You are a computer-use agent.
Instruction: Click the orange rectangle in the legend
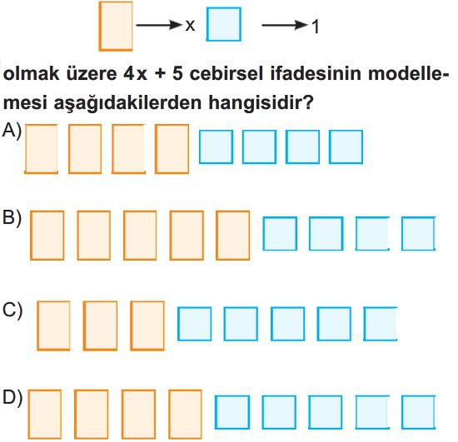click(x=116, y=27)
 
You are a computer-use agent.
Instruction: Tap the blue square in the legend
click(x=224, y=24)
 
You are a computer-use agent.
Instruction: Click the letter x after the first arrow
click(x=190, y=26)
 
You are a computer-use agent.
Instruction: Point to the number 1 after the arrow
click(x=316, y=27)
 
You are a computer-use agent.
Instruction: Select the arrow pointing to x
click(x=160, y=25)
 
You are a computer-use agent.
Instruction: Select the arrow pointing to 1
click(x=285, y=25)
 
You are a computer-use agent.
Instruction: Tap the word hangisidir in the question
click(x=261, y=102)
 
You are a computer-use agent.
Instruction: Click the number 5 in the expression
click(x=177, y=73)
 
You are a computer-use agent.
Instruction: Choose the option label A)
click(x=12, y=130)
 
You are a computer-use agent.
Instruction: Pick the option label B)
click(x=12, y=217)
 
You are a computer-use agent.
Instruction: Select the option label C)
click(x=12, y=310)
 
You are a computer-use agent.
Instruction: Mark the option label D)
click(x=12, y=398)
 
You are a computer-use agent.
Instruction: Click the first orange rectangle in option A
click(x=41, y=149)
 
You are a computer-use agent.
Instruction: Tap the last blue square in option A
click(x=346, y=147)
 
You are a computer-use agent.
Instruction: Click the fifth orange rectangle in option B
click(x=233, y=236)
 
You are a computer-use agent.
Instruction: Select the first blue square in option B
click(x=280, y=234)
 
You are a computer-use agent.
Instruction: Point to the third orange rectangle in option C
click(x=147, y=325)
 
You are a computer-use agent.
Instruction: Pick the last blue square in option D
click(x=418, y=412)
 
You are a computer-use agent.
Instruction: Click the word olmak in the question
click(x=31, y=73)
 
